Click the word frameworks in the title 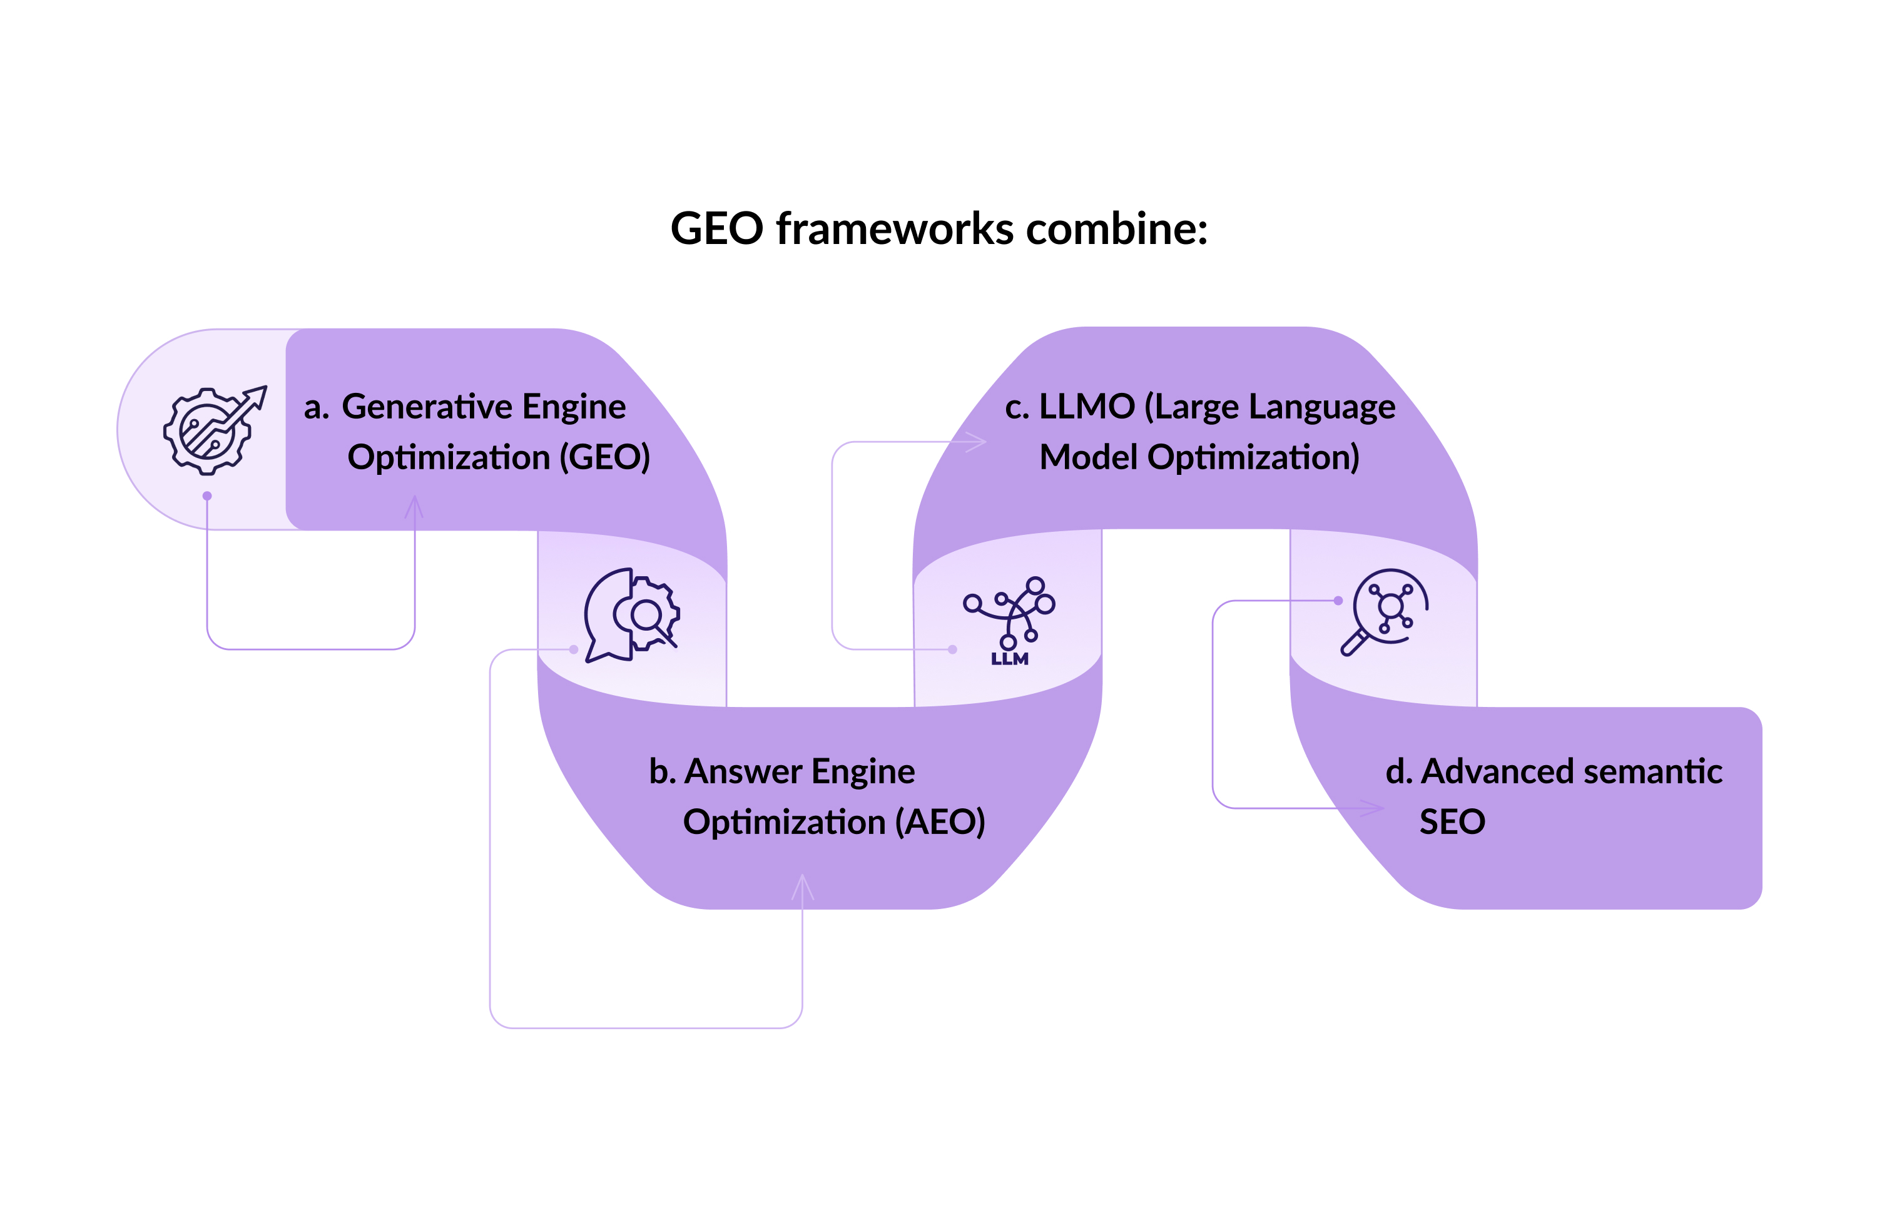pyautogui.click(x=895, y=229)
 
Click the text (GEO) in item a pyautogui.click(x=604, y=457)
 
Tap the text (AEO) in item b pyautogui.click(x=940, y=821)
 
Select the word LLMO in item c pyautogui.click(x=1086, y=407)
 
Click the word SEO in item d pyautogui.click(x=1452, y=821)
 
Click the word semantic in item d pyautogui.click(x=1652, y=771)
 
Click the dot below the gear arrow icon pyautogui.click(x=206, y=496)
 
